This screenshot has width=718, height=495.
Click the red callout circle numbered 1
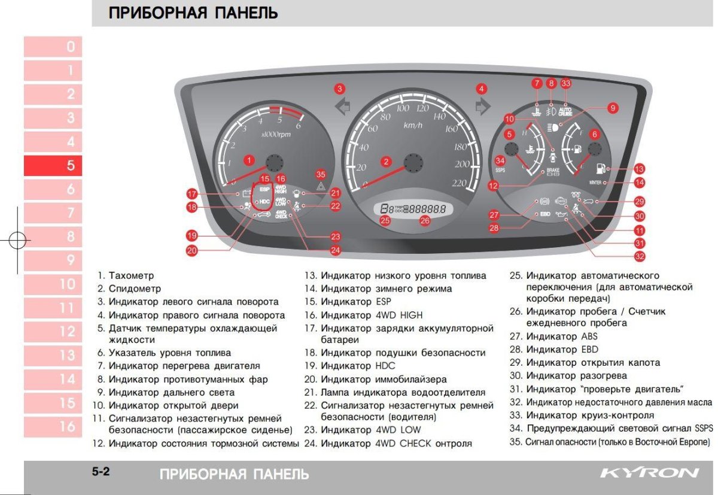pos(249,160)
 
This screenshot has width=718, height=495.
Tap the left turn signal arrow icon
pos(343,108)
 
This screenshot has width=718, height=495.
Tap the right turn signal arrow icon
pos(480,107)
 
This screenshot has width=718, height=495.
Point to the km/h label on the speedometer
pos(413,125)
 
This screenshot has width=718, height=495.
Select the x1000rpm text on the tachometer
pos(276,134)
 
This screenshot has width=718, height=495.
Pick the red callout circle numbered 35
pos(321,175)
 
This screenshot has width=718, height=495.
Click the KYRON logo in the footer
pos(649,473)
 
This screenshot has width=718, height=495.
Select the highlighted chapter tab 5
pos(53,165)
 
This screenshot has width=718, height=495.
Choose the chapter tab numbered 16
pos(53,426)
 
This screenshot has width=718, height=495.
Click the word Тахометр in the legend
pos(131,276)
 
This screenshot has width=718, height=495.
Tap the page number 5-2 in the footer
pos(101,472)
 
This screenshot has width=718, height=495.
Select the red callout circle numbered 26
pos(424,220)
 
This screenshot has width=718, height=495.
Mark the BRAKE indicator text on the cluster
pos(552,172)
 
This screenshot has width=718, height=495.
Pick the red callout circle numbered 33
pos(565,84)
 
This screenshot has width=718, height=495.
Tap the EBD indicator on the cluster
pos(545,213)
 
